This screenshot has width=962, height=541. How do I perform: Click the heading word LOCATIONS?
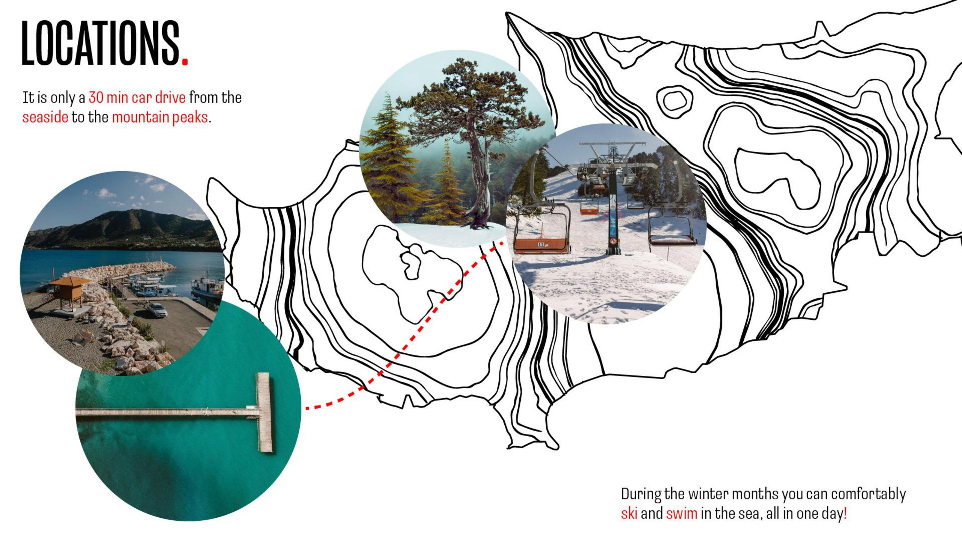coord(101,43)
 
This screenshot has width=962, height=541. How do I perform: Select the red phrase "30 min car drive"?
coord(137,98)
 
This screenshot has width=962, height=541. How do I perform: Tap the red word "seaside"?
coord(45,117)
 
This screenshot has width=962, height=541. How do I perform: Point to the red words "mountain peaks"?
coord(160,118)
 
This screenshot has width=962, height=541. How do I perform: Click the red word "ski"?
coord(629,513)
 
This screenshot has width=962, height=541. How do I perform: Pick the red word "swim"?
coord(682,513)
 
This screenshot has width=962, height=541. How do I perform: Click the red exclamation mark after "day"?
coord(846,513)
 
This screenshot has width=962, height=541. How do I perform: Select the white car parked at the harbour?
coord(157,309)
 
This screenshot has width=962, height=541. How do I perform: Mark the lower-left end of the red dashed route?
coord(307,408)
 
